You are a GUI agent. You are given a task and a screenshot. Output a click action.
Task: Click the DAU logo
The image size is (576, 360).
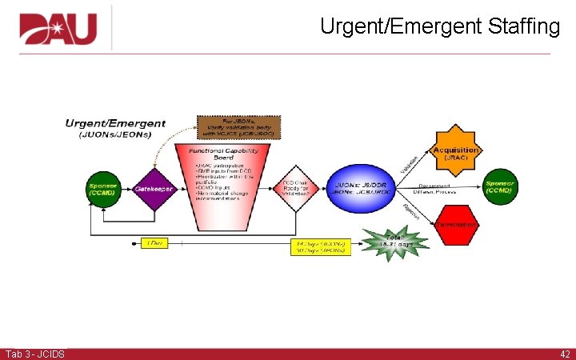58,30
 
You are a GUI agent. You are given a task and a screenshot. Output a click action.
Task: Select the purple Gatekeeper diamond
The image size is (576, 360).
153,189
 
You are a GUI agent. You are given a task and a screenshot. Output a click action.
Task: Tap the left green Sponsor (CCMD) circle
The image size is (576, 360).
103,189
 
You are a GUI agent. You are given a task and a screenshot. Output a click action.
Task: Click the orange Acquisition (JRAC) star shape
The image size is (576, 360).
455,152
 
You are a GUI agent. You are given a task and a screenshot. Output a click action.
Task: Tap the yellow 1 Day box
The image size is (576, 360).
157,242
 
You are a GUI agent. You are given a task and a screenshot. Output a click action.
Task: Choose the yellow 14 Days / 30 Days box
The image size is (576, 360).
321,246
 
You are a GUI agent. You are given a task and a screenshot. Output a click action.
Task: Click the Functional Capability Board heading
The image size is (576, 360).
228,153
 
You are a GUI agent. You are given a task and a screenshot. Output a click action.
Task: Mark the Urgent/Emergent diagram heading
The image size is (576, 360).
116,123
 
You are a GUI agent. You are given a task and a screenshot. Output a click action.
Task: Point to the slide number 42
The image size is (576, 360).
565,354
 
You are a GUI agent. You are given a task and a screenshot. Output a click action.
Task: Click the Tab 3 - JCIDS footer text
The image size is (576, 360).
35,354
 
